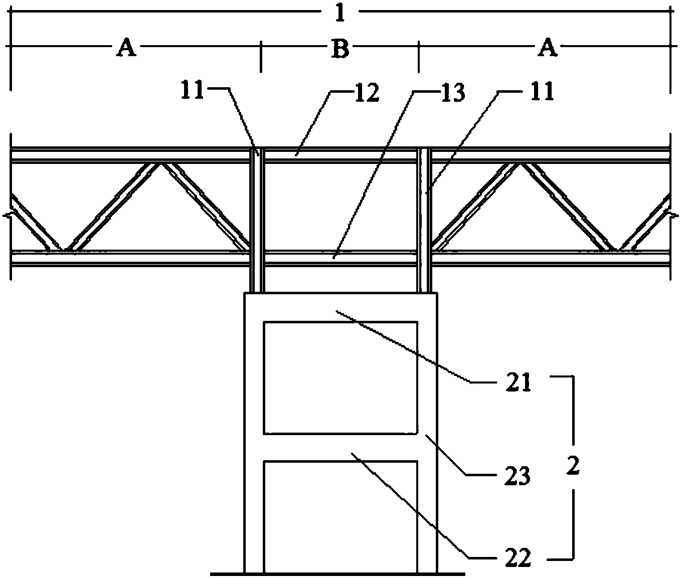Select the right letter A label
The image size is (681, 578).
pyautogui.click(x=548, y=48)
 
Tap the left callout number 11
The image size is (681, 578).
pyautogui.click(x=193, y=91)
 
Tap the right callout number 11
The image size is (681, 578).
pyautogui.click(x=542, y=92)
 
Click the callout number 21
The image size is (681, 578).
pyautogui.click(x=519, y=382)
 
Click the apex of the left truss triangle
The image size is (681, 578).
pyautogui.click(x=160, y=164)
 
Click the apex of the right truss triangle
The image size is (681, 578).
pyautogui.click(x=521, y=164)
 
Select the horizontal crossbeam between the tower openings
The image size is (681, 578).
pyautogui.click(x=340, y=448)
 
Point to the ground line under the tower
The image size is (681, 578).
pyautogui.click(x=337, y=574)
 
